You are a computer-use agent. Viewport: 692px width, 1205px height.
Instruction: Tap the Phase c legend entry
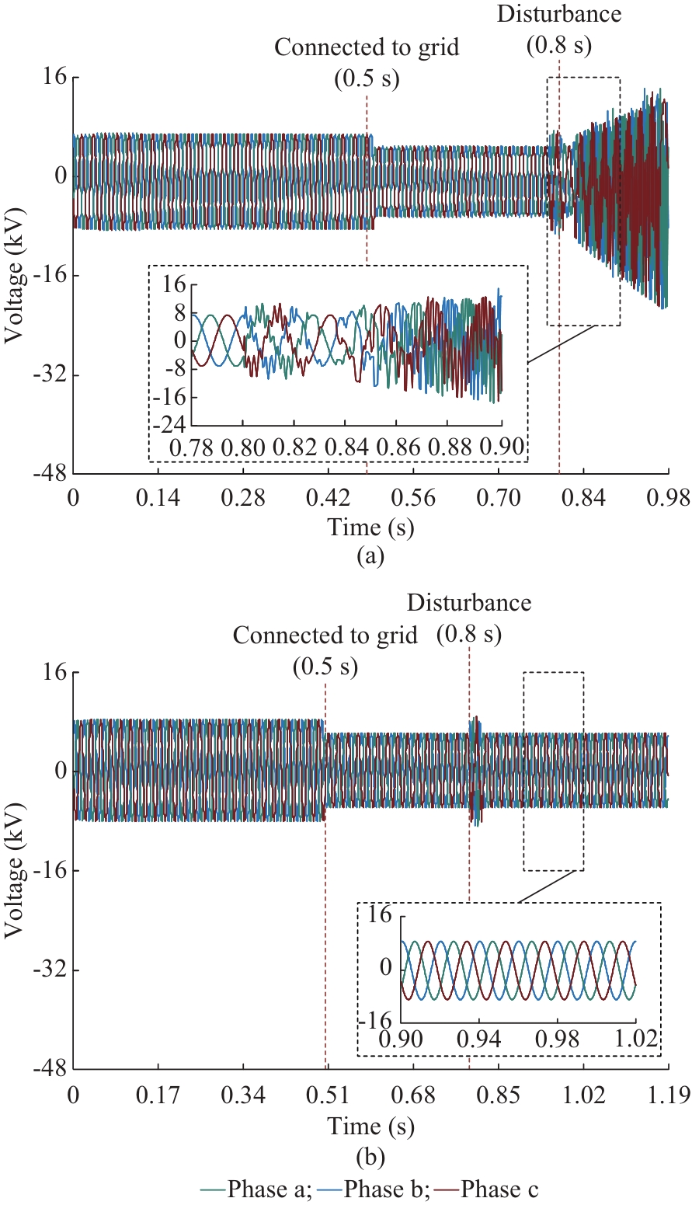click(499, 1189)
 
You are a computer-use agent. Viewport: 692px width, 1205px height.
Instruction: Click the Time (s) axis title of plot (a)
click(370, 528)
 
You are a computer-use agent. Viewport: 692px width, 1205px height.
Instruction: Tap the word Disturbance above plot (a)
click(558, 13)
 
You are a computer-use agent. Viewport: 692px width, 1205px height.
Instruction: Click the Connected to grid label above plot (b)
click(325, 636)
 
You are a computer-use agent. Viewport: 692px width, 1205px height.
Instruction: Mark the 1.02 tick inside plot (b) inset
click(637, 1039)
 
